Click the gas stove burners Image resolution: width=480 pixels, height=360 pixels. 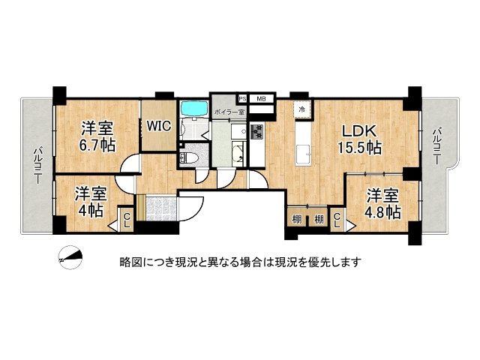pos(256,132)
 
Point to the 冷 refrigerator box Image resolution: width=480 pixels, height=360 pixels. pos(301,109)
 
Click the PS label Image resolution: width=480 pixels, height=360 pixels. pos(242,98)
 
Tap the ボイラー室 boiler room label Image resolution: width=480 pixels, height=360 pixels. pos(229,112)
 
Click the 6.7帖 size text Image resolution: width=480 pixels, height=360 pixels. pos(98,144)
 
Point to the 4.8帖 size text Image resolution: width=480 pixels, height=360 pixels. pos(382,212)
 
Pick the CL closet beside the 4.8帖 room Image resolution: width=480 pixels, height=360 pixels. pos(337,220)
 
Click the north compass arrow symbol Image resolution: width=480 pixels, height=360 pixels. pos(69,256)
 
